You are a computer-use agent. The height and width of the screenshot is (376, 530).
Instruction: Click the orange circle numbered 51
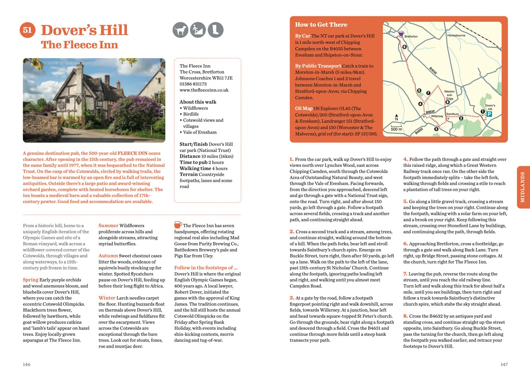click(27, 30)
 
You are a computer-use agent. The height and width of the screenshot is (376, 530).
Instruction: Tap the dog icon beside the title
click(180, 30)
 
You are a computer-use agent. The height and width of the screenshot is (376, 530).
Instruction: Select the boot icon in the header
click(215, 30)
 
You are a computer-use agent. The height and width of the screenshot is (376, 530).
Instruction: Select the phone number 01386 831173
click(193, 84)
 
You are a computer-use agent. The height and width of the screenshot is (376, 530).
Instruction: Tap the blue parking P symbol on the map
click(489, 114)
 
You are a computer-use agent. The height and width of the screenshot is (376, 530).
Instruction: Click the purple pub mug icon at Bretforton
click(401, 34)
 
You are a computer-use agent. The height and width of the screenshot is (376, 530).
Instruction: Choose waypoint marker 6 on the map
click(405, 47)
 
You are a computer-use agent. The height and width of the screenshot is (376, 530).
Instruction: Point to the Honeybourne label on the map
click(456, 36)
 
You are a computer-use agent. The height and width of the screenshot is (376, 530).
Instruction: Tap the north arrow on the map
click(396, 117)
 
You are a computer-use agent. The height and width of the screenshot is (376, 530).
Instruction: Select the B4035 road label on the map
click(433, 70)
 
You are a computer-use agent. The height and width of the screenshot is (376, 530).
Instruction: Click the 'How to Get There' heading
click(321, 25)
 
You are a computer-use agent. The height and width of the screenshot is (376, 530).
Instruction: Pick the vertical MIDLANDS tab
click(523, 187)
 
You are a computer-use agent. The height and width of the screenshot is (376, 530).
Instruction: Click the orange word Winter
click(107, 298)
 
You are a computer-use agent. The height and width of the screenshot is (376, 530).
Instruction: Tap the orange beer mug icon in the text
click(178, 225)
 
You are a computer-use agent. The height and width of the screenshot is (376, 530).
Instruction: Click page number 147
click(504, 364)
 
